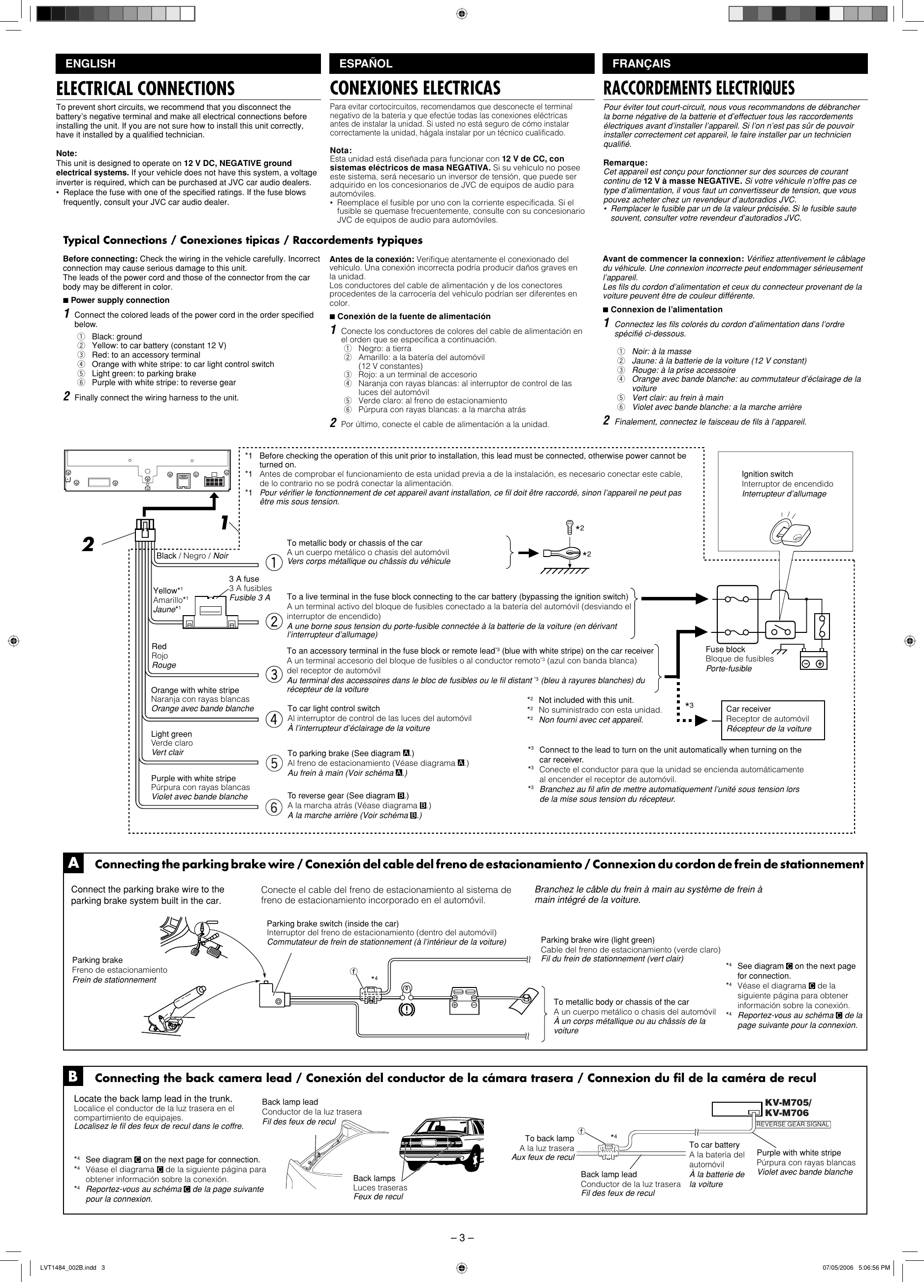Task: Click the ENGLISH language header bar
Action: [x=188, y=64]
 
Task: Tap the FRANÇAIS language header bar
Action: [x=734, y=64]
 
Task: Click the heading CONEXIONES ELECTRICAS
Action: [x=415, y=88]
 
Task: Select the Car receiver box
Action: [x=775, y=719]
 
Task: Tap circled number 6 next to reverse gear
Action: [x=274, y=808]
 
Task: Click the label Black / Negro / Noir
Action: [x=192, y=556]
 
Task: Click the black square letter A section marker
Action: [x=73, y=864]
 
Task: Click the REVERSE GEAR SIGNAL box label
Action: [x=793, y=1124]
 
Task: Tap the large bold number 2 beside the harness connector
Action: [x=88, y=544]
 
